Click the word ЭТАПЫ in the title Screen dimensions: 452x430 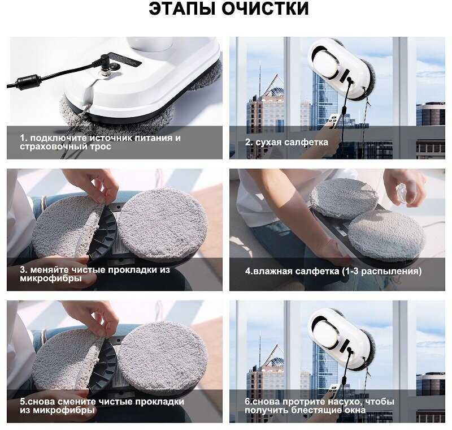(x=182, y=8)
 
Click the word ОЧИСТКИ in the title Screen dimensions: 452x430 (x=265, y=8)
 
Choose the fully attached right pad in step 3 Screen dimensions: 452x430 (x=163, y=223)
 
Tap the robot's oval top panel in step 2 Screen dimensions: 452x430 (x=325, y=64)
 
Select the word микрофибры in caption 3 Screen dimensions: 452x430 (x=51, y=279)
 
